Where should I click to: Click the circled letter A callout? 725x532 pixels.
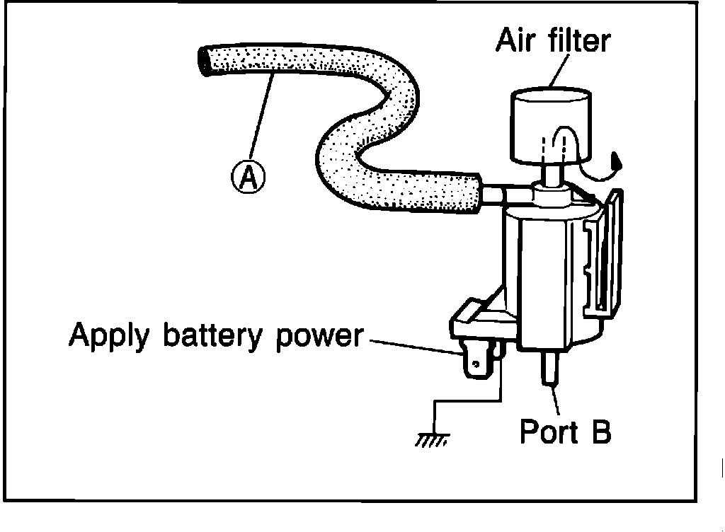pos(247,177)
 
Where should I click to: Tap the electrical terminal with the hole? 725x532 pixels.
pos(476,364)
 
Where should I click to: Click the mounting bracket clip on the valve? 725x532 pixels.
pos(606,255)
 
